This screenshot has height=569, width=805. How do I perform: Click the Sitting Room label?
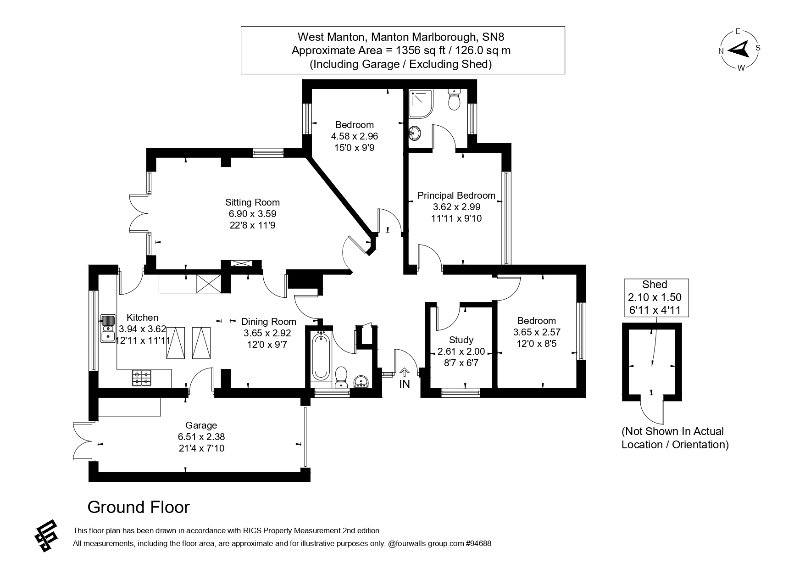tap(252, 202)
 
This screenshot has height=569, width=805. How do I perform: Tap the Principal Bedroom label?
tap(456, 195)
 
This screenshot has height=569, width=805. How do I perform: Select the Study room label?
tap(461, 340)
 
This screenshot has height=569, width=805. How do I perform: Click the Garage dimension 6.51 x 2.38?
tap(201, 437)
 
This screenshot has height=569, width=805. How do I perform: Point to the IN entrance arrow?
tap(404, 372)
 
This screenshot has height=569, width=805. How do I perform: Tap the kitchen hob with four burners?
tap(142, 378)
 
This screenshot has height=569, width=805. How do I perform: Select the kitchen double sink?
tap(108, 329)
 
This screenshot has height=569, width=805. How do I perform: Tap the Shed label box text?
tap(655, 284)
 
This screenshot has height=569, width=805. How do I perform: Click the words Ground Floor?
tap(138, 507)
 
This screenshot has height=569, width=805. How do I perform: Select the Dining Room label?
tap(269, 322)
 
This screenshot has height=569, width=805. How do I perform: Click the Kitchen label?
tap(142, 318)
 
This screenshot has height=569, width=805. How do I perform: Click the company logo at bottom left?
tap(46, 536)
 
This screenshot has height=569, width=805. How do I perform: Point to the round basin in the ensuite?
tap(416, 134)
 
